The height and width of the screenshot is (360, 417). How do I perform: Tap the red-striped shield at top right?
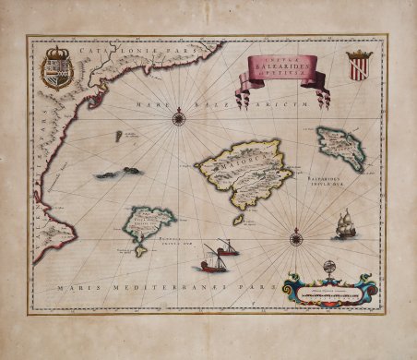click(x=359, y=66)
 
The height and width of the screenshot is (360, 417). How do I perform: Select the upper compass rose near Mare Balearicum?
click(x=178, y=116)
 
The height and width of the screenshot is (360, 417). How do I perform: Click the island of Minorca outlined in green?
click(x=340, y=146)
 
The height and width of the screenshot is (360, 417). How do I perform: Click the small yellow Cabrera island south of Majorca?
click(x=237, y=221)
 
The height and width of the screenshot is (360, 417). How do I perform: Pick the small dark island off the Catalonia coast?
click(x=118, y=137)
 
